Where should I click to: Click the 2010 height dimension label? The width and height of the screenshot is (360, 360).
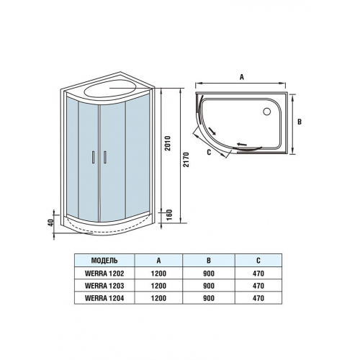[168, 143]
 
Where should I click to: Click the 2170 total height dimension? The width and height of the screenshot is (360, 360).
[186, 160]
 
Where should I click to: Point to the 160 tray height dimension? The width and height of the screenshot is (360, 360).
[169, 215]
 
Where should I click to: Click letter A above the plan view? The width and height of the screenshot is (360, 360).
[242, 77]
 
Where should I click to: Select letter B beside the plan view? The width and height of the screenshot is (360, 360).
[300, 122]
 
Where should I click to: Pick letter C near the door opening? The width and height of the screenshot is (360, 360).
[209, 152]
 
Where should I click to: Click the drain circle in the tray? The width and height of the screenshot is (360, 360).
[267, 111]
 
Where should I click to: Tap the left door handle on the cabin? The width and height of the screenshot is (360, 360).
[93, 158]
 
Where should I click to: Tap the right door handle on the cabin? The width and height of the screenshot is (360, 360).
[105, 158]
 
